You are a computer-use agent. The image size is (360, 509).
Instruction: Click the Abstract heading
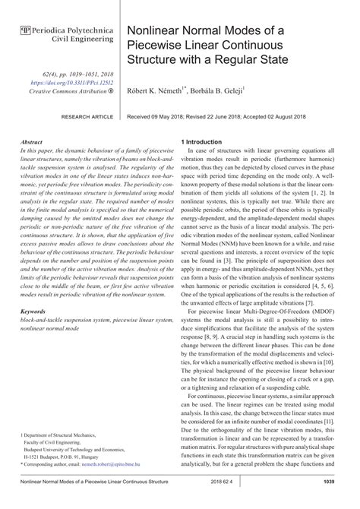click(32, 142)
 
